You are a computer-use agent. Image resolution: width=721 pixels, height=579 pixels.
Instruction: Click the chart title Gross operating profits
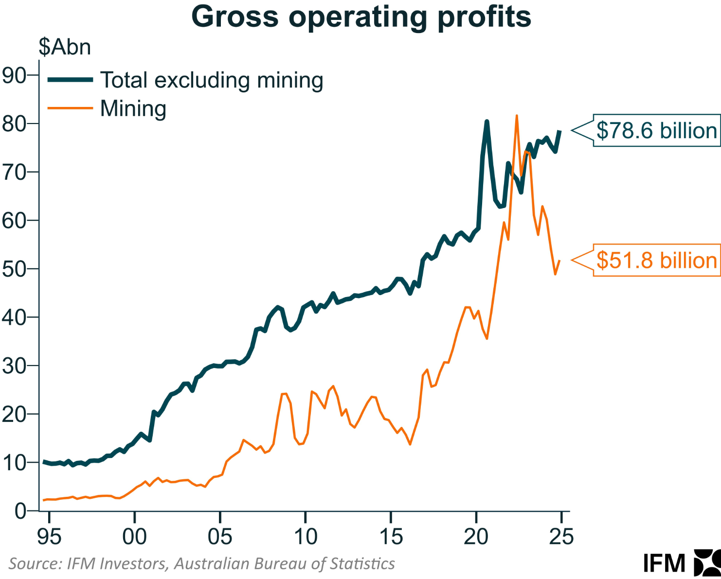click(361, 17)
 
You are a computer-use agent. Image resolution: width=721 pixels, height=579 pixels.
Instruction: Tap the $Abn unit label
click(65, 47)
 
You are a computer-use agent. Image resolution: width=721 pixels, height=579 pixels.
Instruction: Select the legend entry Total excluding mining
click(212, 80)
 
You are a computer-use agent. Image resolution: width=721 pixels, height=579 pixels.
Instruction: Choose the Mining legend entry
click(133, 108)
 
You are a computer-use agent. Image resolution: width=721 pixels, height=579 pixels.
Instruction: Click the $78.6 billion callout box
click(656, 130)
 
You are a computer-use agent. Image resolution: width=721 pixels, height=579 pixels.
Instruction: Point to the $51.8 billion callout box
click(656, 261)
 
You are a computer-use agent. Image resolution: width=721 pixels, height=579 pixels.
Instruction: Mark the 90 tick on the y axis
click(15, 75)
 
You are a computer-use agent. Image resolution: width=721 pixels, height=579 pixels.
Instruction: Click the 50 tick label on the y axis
click(15, 269)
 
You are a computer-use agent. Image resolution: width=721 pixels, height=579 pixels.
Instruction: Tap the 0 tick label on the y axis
click(20, 511)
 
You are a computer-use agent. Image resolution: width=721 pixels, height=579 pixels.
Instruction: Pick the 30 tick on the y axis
click(15, 366)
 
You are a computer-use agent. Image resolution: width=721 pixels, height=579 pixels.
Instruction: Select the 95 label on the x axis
click(49, 537)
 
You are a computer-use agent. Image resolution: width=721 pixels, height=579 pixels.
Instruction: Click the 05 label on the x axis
click(220, 537)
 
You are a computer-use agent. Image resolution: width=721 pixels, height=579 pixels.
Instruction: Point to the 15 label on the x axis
click(391, 537)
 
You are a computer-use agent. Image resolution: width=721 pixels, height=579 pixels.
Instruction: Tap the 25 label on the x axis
click(561, 537)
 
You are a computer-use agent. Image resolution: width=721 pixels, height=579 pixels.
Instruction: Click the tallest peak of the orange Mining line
click(517, 116)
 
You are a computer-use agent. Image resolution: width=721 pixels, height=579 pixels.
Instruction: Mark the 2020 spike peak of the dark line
click(487, 122)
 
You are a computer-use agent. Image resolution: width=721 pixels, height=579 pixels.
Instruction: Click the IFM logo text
click(664, 563)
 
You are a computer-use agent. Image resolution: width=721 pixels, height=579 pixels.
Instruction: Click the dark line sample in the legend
click(70, 80)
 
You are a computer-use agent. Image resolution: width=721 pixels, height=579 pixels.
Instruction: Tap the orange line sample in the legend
click(70, 108)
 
